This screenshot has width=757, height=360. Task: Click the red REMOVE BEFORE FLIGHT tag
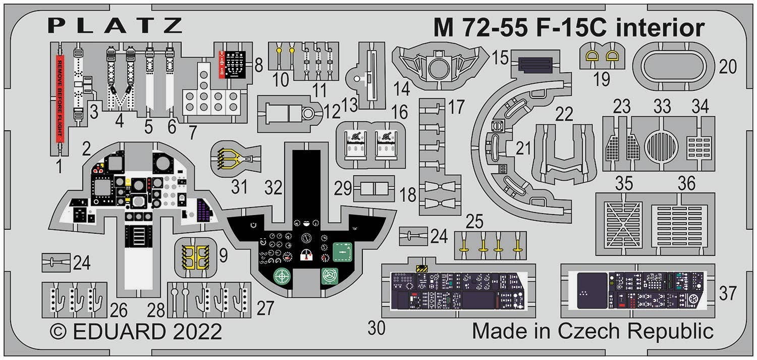59,98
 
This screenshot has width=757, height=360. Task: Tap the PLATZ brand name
116,26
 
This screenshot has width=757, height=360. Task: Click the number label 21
524,148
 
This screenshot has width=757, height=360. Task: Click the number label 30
376,328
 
